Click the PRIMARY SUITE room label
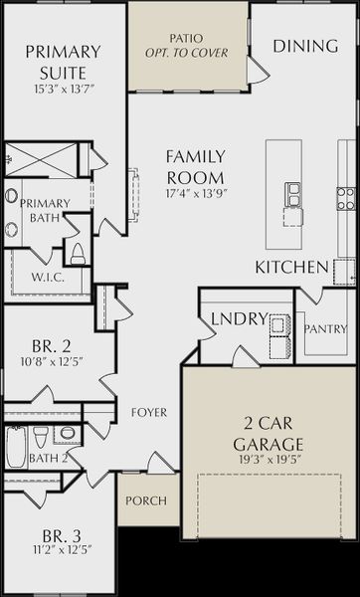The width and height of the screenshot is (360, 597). pos(64,62)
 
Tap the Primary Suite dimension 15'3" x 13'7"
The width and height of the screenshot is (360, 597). pos(64,90)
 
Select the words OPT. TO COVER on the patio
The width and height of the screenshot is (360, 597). pos(187,53)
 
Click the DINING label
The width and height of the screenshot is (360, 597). pos(305,46)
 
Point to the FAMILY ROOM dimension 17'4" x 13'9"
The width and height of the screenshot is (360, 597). pos(196,193)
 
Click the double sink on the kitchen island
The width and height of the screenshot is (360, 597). pos(293,195)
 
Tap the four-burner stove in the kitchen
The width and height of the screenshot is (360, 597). pos(346,199)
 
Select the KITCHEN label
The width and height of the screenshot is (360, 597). pos(291,268)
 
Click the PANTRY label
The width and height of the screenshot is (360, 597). pos(326,329)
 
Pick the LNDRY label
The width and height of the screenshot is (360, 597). pos(239,319)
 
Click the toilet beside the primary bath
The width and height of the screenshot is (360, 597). pos(78,254)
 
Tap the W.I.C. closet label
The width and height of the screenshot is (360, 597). pos(48,278)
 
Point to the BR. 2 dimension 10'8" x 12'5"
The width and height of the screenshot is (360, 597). pos(52,361)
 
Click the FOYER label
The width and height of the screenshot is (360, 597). pos(149,412)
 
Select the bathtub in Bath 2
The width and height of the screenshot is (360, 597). pos(16,447)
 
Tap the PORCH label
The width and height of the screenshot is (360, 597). pos(146,500)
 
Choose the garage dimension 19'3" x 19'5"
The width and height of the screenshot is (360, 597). pos(269,460)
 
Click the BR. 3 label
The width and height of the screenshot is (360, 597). pos(62,537)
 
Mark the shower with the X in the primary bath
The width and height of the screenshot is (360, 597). pos(41,160)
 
